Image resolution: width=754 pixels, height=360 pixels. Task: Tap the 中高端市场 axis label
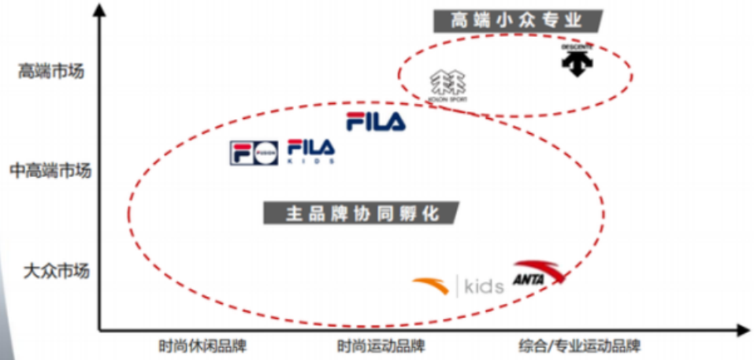pyautogui.click(x=50, y=170)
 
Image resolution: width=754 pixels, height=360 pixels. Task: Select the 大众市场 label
pyautogui.click(x=56, y=272)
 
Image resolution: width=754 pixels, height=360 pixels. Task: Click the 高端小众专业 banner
pyautogui.click(x=517, y=20)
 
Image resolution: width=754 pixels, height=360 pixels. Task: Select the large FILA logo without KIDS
pyautogui.click(x=376, y=121)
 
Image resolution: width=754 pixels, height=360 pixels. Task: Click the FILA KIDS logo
pyautogui.click(x=310, y=150)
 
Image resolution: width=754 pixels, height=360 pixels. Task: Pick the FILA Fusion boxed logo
pyautogui.click(x=254, y=153)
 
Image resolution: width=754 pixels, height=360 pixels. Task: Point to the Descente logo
pyautogui.click(x=578, y=60)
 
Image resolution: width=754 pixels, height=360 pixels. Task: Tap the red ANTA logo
pyautogui.click(x=538, y=273)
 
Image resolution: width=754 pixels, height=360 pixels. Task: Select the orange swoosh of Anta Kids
pyautogui.click(x=431, y=284)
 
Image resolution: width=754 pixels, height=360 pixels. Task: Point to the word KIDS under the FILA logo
pyautogui.click(x=310, y=161)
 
